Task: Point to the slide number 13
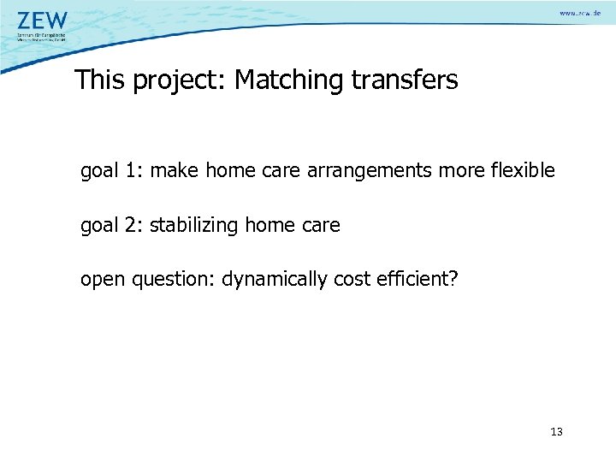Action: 556,432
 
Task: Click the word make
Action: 178,171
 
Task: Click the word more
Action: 464,171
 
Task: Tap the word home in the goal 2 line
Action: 269,226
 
